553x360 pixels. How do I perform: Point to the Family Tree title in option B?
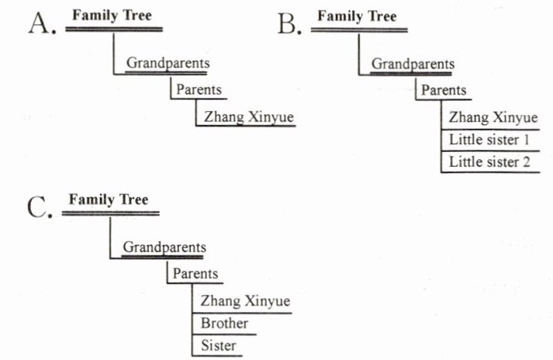(357, 16)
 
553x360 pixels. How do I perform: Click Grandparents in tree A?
(168, 64)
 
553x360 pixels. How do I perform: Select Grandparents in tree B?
(413, 64)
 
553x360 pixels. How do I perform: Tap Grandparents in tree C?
(164, 247)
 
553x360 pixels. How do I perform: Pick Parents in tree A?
(199, 89)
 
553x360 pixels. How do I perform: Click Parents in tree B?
(444, 90)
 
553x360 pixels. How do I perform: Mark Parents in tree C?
(195, 274)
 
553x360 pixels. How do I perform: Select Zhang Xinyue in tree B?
(493, 118)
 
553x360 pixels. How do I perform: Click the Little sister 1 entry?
(489, 140)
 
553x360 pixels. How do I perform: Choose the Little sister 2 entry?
(489, 162)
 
